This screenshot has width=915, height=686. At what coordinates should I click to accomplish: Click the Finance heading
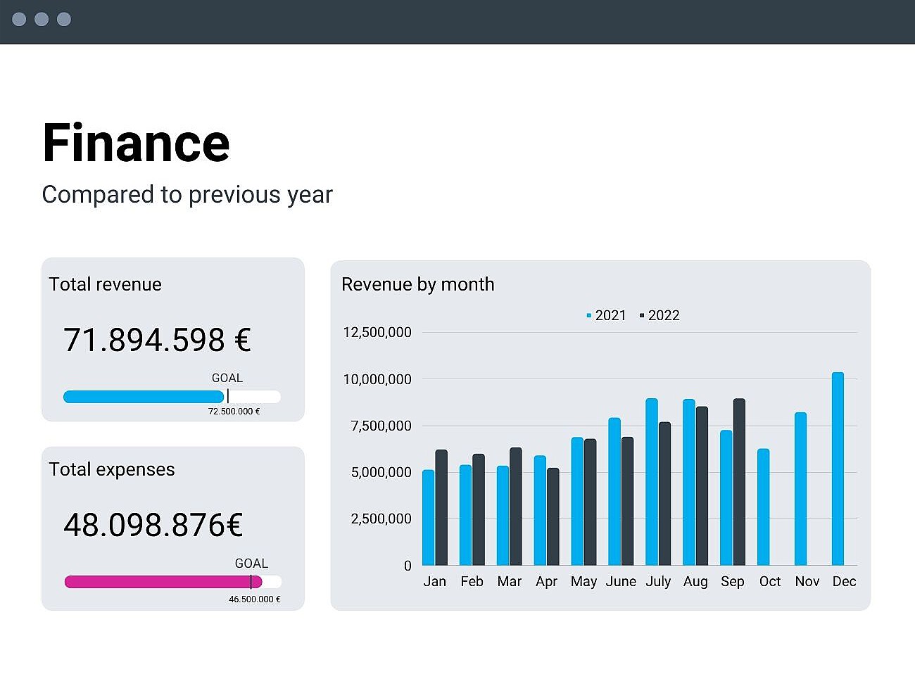pos(136,143)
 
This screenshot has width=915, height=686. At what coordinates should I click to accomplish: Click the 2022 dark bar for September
pos(739,482)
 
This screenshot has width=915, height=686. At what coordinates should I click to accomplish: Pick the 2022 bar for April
pos(553,516)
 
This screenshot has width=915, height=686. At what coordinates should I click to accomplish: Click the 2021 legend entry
pos(606,315)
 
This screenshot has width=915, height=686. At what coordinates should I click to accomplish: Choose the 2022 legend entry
pos(660,315)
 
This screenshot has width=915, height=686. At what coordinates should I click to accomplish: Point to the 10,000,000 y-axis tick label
pos(377,379)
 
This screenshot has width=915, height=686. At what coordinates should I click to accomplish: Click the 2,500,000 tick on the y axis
pos(381,519)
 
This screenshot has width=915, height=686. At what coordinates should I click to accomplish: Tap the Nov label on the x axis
pos(807,581)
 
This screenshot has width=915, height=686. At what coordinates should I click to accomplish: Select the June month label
pos(621,581)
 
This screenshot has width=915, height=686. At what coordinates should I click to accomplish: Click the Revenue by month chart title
pos(417,284)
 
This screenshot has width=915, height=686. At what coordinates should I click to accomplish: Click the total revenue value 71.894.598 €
pos(157,340)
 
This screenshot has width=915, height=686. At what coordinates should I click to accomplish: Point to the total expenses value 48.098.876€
pos(153,525)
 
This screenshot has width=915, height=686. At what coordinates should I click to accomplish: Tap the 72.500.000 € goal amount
pos(234,412)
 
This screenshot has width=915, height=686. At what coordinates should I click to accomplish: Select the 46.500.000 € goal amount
pos(254,599)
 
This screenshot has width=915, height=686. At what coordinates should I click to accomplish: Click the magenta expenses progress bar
pos(163,582)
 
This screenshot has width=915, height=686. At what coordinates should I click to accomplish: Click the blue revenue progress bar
pos(144,397)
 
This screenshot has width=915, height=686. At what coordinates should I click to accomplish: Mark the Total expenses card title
pos(111,469)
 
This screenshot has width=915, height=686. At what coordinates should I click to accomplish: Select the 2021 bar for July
pos(652,482)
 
